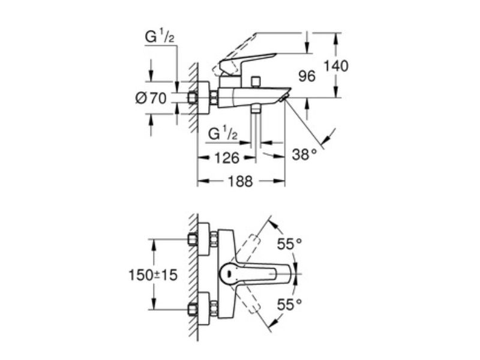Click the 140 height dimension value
(x=336, y=66)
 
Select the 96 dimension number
(x=307, y=76)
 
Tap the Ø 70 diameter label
(x=151, y=98)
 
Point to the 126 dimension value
(x=227, y=158)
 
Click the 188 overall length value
(x=241, y=181)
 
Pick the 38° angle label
(x=304, y=154)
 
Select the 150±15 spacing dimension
(x=153, y=275)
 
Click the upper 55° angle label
(x=290, y=244)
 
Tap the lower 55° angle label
(x=290, y=305)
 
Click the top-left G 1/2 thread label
(x=160, y=37)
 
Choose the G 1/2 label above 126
(x=223, y=134)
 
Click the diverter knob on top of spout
(x=256, y=82)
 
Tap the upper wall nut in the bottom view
(x=192, y=239)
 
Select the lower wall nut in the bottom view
(x=192, y=309)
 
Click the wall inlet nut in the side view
(x=192, y=98)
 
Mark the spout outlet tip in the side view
(x=283, y=98)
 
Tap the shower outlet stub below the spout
(x=256, y=109)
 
